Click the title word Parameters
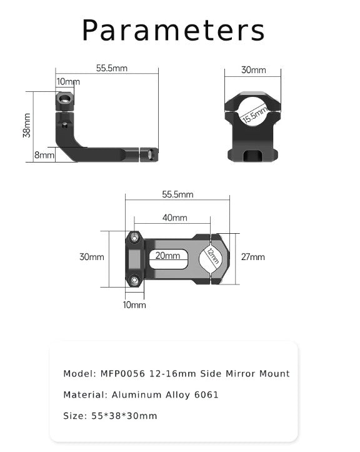(174, 30)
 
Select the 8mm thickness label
(44, 154)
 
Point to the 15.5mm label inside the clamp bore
(254, 115)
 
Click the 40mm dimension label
(175, 218)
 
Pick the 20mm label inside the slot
(167, 256)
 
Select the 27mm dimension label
(253, 257)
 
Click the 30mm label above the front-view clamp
(253, 70)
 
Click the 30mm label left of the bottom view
(92, 257)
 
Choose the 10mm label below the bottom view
(134, 304)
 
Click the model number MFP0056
(123, 374)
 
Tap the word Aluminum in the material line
(134, 394)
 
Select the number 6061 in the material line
(206, 394)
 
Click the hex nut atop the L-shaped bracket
(62, 99)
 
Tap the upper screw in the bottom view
(134, 237)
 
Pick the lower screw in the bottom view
(134, 279)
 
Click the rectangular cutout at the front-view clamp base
(254, 154)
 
